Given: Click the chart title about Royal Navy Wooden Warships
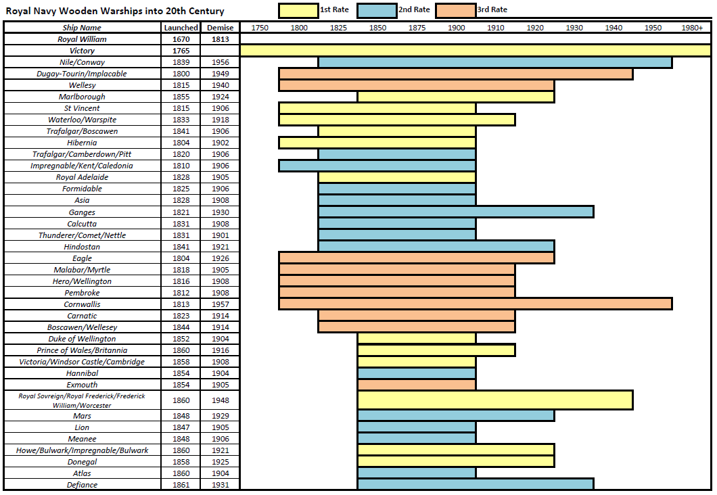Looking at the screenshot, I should coord(115,11).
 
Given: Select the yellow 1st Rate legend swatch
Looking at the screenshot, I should coord(298,10).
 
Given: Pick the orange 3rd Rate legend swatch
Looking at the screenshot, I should coord(455,10).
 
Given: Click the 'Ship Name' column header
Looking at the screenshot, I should coord(82,28).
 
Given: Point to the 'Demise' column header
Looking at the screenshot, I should coord(221,28).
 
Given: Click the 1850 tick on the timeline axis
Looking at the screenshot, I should coord(377,28).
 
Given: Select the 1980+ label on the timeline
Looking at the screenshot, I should coord(692,28).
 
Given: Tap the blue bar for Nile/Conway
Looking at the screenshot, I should coord(494,62).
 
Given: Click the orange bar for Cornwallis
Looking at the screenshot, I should coord(475,304).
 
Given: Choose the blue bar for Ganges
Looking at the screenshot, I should coord(455,212).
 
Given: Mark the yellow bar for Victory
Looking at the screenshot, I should coord(475,51).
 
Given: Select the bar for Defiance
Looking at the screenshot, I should coord(475,484).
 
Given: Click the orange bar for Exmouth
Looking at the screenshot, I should coord(416,384).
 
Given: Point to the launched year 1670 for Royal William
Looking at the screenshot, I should coord(181,39).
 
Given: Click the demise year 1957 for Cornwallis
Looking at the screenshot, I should coord(221,304).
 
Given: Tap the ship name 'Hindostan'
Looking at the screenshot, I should coord(82,247).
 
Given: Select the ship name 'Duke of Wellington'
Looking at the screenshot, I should coord(82,339).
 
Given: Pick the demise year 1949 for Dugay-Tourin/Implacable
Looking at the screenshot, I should coord(221,74).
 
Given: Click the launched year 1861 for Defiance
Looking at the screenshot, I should coord(181,484).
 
